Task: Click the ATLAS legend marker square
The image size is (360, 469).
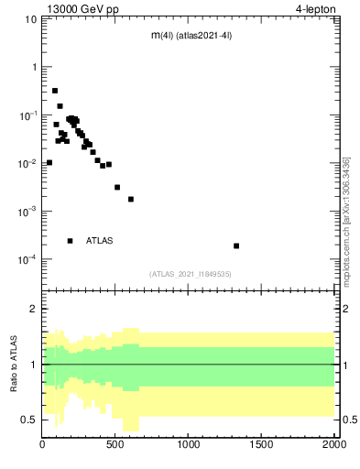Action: click(x=71, y=241)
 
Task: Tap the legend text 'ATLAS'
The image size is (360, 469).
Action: click(x=100, y=241)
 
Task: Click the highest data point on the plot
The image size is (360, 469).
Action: click(x=55, y=91)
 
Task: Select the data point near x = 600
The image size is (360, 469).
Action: click(x=131, y=199)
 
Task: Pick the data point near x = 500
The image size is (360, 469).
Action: click(x=117, y=187)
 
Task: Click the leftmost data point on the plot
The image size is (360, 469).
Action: click(x=49, y=162)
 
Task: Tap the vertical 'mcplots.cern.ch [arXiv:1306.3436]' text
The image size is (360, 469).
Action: click(x=346, y=220)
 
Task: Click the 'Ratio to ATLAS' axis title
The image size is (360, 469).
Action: click(x=14, y=364)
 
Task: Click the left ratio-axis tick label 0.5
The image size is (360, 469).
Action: click(x=29, y=420)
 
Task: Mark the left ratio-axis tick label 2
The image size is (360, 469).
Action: click(x=34, y=309)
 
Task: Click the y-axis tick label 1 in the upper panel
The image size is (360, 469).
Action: click(x=34, y=68)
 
